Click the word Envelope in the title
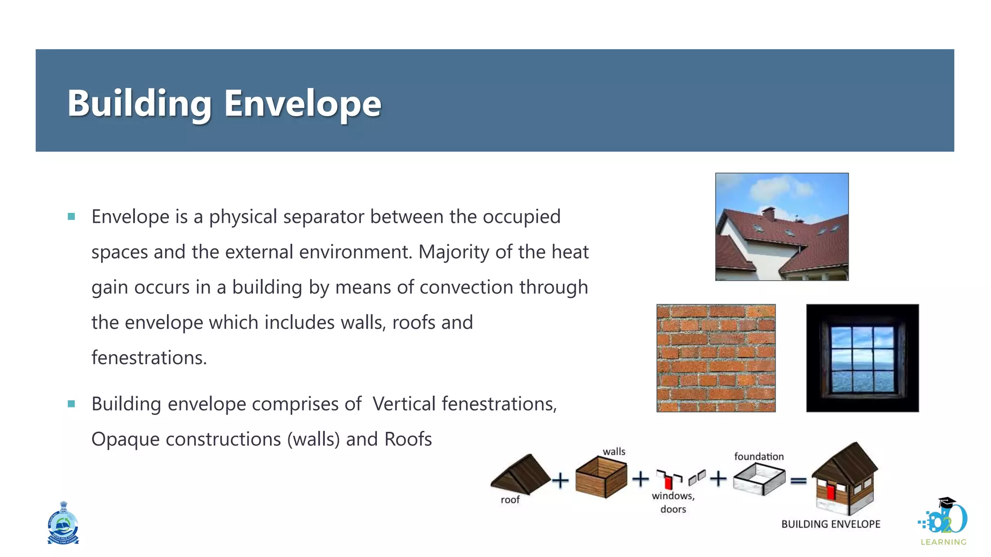pos(302,103)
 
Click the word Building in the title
pos(139,103)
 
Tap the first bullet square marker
pos(72,217)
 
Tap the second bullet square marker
pos(72,404)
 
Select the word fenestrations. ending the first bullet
pos(149,358)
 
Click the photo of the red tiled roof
pos(781,227)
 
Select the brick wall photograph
pos(716,358)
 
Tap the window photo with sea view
pos(862,358)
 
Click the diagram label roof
pos(510,500)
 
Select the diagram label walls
pos(614,452)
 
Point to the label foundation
pos(759,456)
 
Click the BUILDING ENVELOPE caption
pos(830,524)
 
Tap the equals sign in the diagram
pos(798,481)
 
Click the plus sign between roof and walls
pos(560,480)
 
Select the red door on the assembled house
pos(831,492)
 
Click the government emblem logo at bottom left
pos(63,524)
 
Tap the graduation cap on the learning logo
pos(947,502)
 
